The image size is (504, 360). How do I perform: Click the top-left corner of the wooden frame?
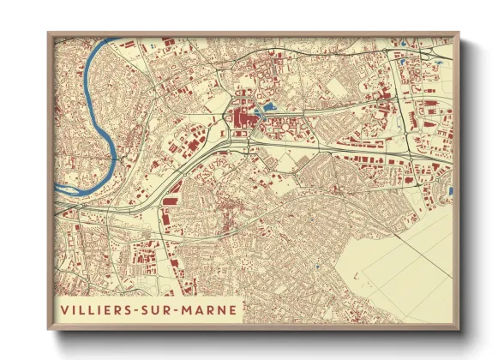(49, 33)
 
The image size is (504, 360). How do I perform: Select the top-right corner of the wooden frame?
(459, 33)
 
